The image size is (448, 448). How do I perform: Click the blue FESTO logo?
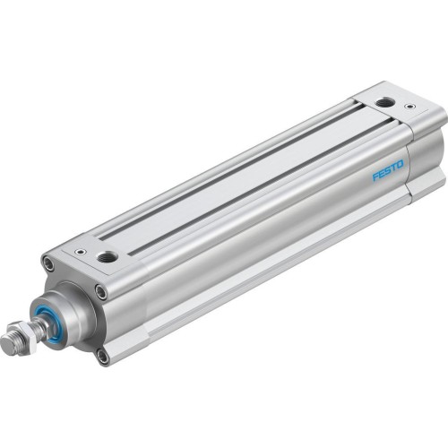[x=389, y=169]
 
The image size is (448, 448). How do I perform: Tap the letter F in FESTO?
[x=376, y=177]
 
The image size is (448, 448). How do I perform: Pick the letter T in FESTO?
[x=395, y=166]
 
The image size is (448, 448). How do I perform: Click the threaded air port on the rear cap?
[x=384, y=102]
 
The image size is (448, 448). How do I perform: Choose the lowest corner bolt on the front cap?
[x=103, y=356]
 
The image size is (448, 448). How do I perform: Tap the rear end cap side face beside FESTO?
[x=421, y=170]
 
